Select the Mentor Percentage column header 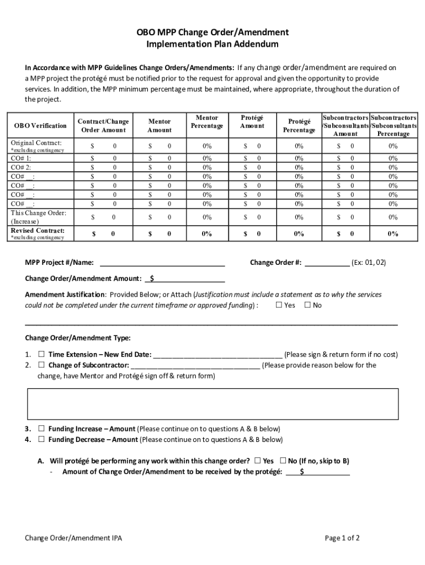tap(207, 122)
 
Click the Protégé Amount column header tap(252, 122)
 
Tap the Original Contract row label tap(36, 143)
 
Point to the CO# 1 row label tap(22, 158)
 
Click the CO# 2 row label tap(22, 167)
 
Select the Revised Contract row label tap(38, 231)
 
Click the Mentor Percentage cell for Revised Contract tap(207, 234)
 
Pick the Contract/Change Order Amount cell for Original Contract tap(104, 146)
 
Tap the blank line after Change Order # tap(327, 263)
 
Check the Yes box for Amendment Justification tap(279, 305)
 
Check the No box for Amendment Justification tap(307, 305)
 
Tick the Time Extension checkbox tap(41, 354)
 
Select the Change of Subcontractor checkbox tap(41, 365)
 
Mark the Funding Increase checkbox tap(41, 429)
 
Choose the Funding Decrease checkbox tap(41, 440)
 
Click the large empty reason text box tap(212, 404)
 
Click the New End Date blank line tap(217, 355)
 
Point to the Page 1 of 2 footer tap(342, 538)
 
